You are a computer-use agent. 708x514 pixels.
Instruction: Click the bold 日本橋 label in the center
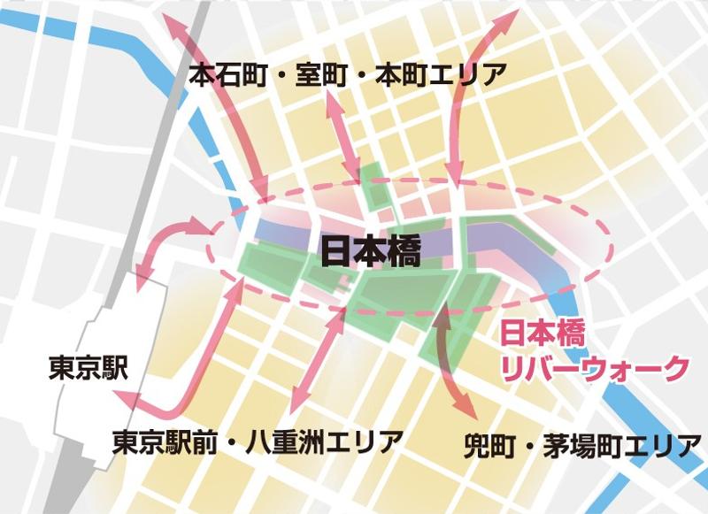tap(370, 253)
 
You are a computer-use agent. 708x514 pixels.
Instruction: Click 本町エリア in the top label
tap(441, 75)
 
